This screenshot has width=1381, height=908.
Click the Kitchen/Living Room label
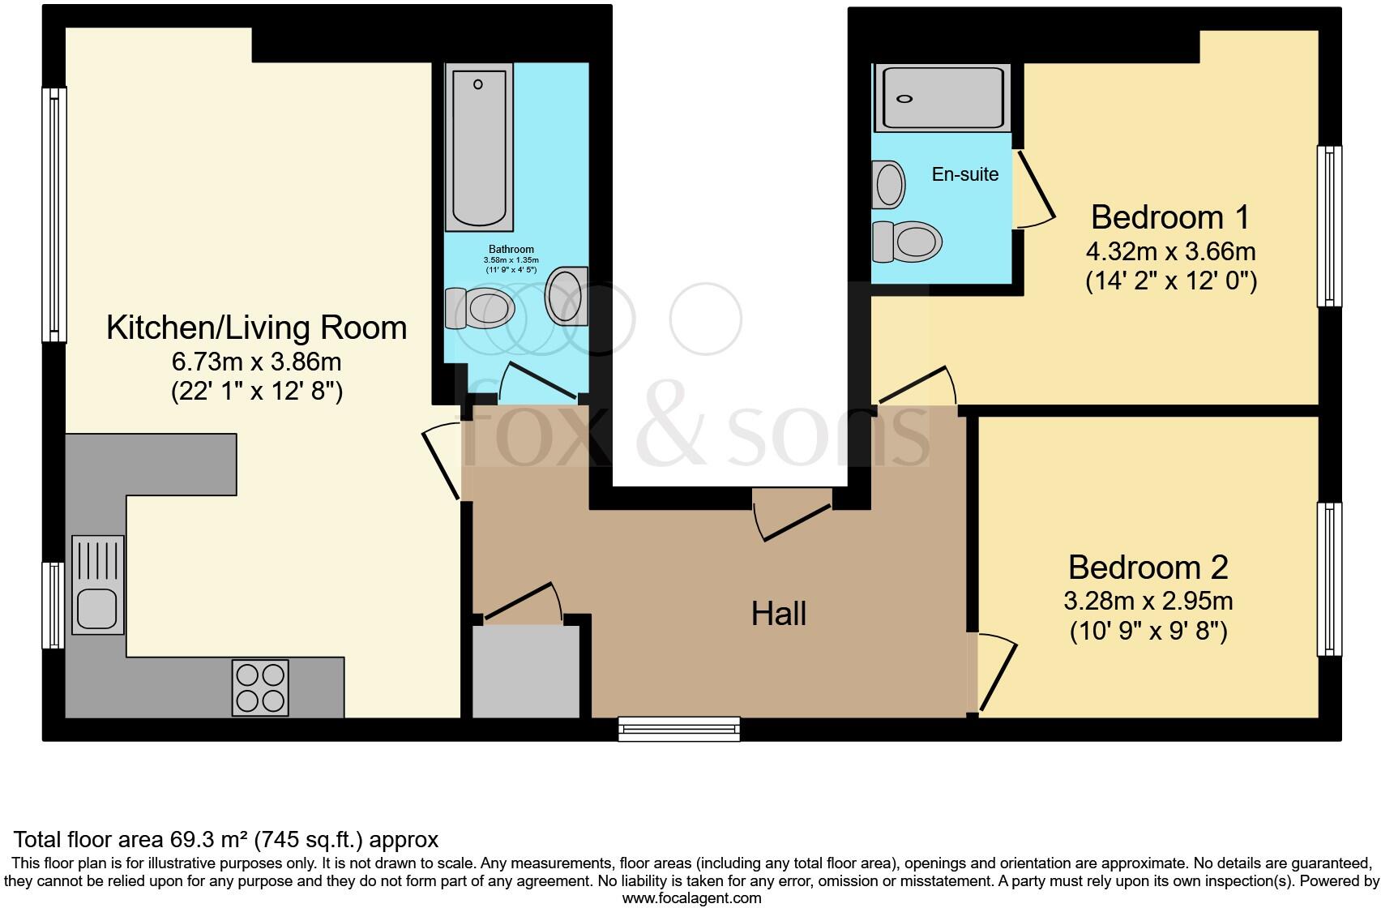point(256,328)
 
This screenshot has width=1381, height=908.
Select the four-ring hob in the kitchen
point(260,688)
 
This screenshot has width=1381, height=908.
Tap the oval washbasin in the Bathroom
point(566,296)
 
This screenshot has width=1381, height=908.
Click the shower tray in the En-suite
point(943,98)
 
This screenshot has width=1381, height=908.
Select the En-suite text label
point(964,174)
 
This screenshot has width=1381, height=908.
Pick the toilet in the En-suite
point(908,242)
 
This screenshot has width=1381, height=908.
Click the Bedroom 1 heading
point(1169,217)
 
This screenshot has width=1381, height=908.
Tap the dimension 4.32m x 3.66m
point(1170,251)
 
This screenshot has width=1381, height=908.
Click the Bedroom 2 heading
point(1148,567)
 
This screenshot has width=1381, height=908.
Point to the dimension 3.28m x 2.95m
point(1148,601)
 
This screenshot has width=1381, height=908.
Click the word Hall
point(778,614)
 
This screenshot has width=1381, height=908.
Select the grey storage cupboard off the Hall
point(526,671)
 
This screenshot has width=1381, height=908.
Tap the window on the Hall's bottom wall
point(679,728)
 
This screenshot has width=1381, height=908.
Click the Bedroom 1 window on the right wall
point(1329,226)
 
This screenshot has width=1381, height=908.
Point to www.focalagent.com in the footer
point(691,898)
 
